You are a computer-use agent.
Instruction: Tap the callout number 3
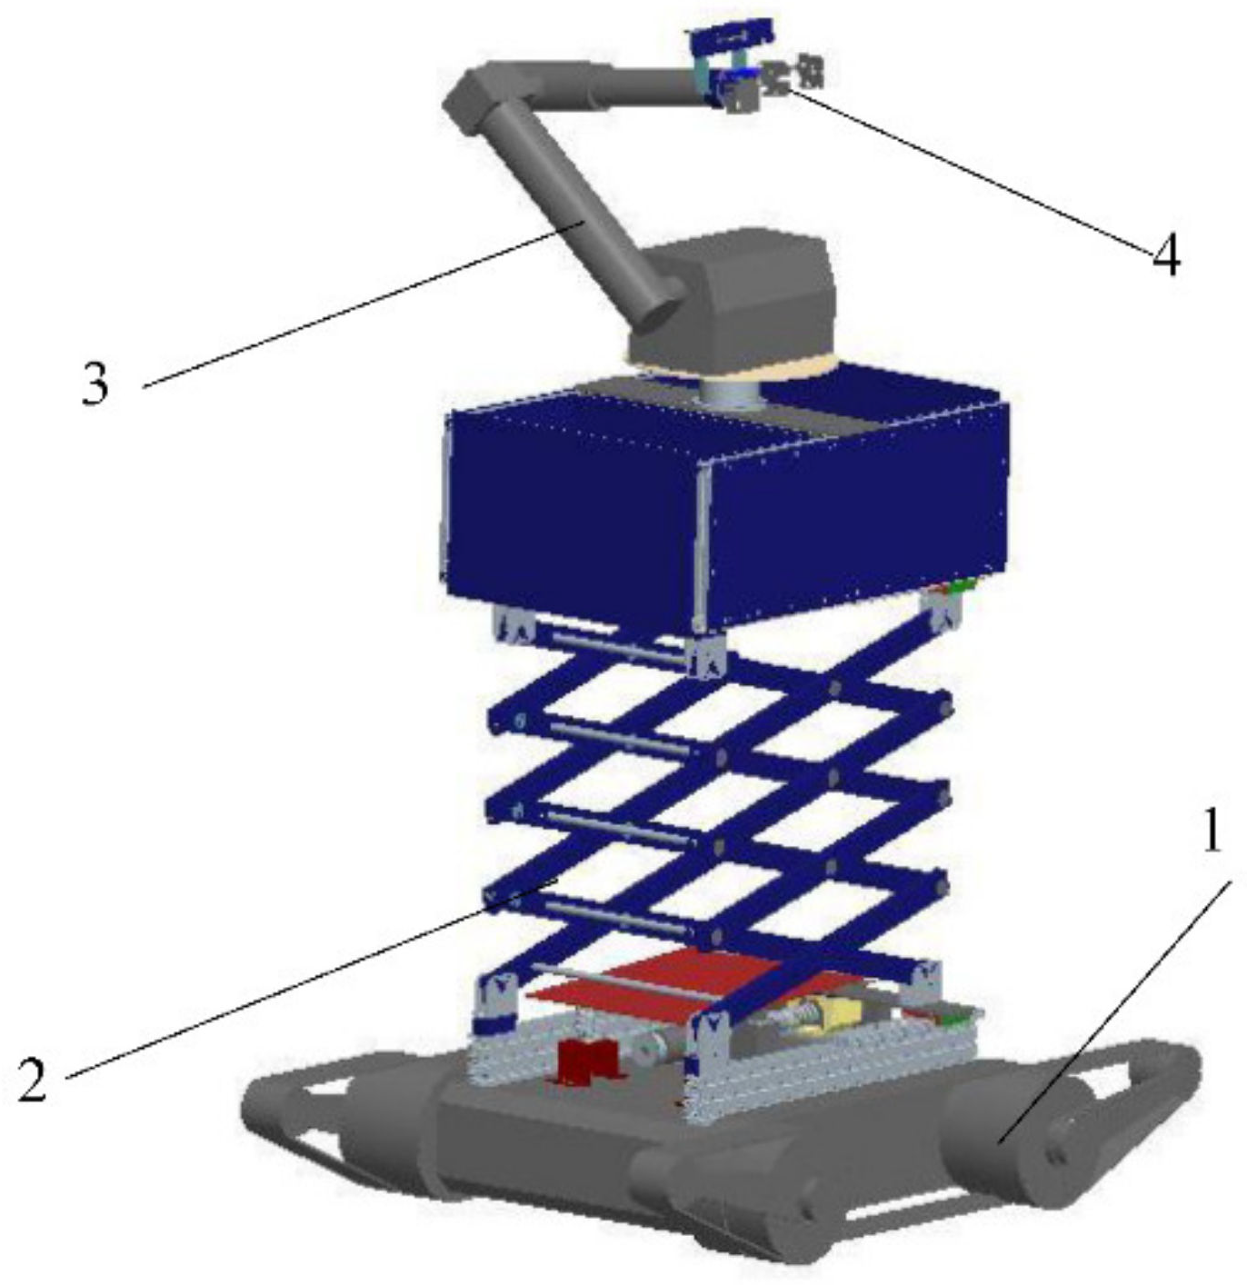(95, 384)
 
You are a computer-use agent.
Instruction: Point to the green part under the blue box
(963, 583)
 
